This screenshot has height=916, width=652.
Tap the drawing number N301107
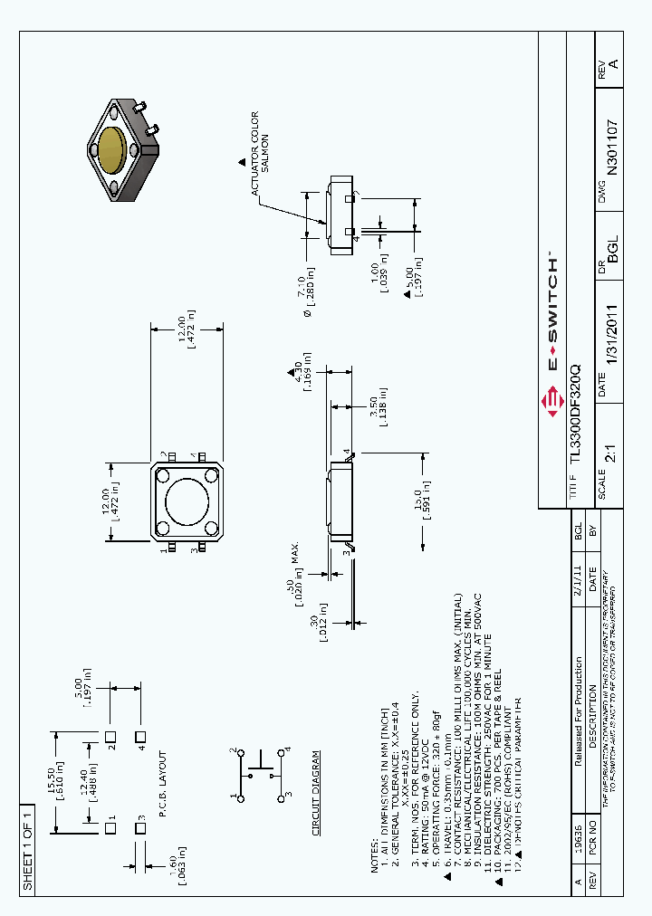(x=612, y=147)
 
